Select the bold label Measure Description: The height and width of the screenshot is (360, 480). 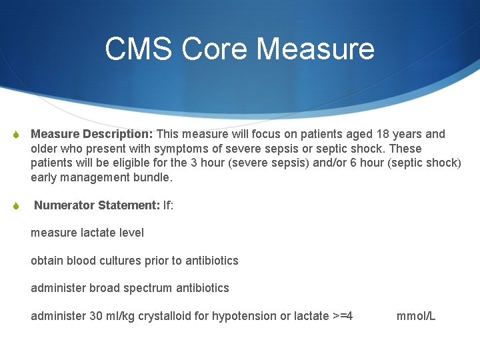pos(92,134)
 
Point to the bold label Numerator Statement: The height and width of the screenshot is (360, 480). pos(97,205)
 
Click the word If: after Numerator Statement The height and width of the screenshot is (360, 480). pos(169,205)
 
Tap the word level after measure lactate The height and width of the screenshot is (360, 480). pos(130,233)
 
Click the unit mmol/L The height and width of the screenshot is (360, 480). pos(416,316)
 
